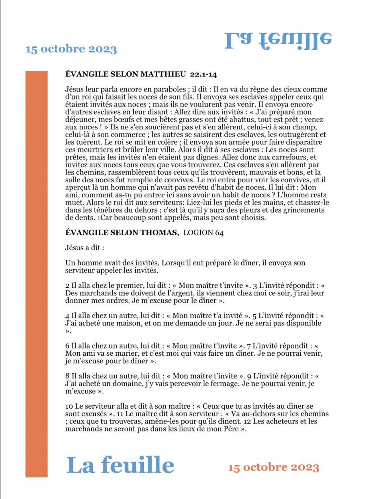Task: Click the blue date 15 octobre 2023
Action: [71, 49]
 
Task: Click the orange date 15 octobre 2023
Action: [274, 467]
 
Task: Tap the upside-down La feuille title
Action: [278, 40]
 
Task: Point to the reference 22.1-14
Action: [204, 74]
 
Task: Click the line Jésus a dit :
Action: [84, 248]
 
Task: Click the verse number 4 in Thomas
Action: [67, 316]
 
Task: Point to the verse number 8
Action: [67, 376]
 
